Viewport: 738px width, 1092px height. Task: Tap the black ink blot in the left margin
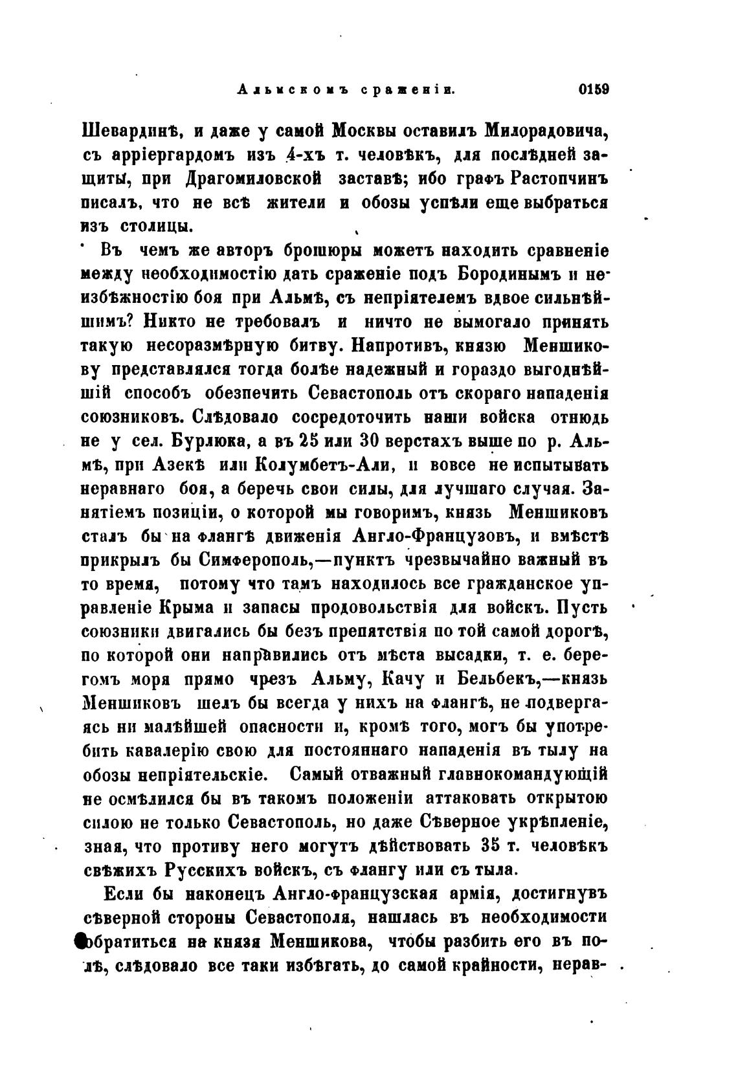pos(80,942)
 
